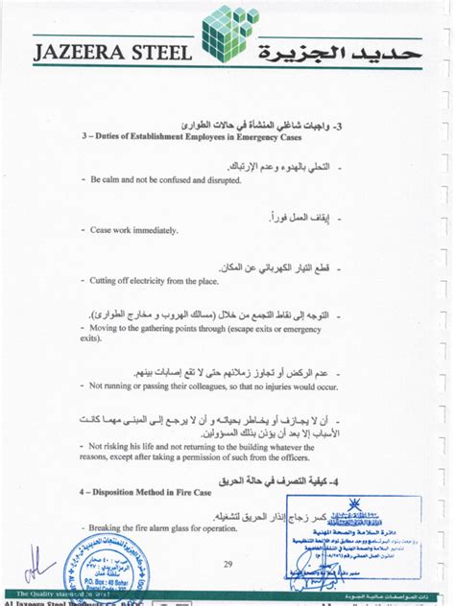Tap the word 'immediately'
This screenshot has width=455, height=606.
click(x=152, y=230)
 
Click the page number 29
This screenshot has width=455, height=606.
click(x=227, y=564)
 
